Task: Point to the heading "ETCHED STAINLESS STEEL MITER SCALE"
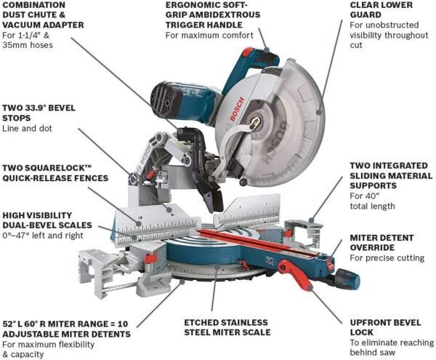226,327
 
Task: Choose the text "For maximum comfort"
208,35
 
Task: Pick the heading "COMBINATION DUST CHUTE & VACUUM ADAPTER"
44,14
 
